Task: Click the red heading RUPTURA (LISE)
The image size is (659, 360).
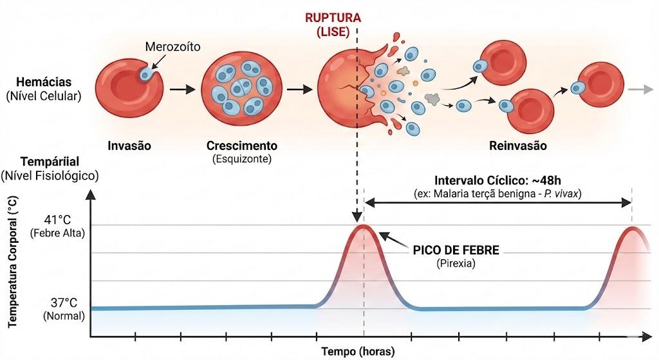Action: [x=333, y=25]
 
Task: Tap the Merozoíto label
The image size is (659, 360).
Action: [x=172, y=46]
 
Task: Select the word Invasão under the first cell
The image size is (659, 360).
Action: [x=129, y=146]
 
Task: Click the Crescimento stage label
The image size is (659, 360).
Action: [x=242, y=146]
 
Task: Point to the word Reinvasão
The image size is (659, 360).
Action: [x=518, y=146]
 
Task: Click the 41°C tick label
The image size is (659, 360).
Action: [x=57, y=220]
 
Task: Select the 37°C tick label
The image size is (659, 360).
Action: [x=64, y=303]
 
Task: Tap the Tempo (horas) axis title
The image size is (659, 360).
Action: [x=358, y=351]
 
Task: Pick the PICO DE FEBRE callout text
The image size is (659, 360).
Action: [x=456, y=251]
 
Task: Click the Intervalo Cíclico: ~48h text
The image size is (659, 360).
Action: [x=497, y=180]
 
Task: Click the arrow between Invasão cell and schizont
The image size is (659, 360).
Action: [x=182, y=89]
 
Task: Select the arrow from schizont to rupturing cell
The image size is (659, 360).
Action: [x=299, y=89]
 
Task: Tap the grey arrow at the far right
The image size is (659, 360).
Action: [x=640, y=89]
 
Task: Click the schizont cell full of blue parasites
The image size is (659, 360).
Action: [x=242, y=88]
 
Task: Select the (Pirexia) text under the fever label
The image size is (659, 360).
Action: [x=456, y=263]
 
